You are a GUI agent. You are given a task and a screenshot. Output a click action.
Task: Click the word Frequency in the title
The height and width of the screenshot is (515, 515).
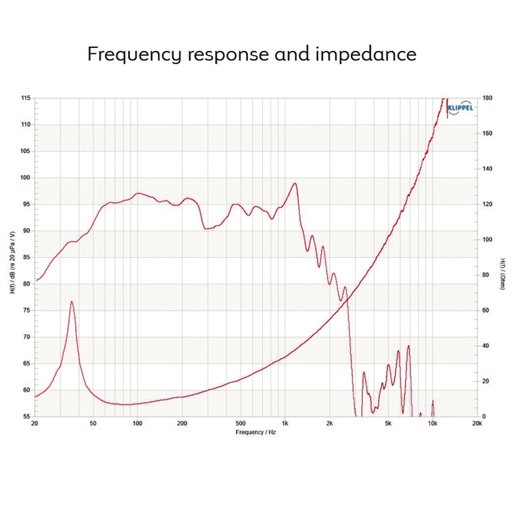135,54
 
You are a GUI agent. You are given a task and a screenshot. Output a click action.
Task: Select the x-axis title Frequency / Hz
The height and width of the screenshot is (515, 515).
256,433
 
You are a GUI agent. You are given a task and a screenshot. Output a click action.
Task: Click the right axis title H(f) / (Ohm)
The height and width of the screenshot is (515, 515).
502,273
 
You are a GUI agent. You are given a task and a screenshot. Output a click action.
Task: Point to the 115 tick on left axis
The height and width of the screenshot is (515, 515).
26,98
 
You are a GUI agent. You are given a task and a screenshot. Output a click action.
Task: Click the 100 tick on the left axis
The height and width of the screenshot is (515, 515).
26,178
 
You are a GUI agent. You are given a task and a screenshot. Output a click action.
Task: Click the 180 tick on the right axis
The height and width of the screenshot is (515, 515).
487,98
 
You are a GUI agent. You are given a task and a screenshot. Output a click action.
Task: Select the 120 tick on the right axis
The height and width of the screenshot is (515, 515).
487,204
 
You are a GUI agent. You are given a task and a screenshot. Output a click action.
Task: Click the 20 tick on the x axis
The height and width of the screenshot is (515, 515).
35,424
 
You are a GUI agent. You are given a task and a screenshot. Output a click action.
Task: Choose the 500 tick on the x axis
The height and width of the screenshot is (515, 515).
240,424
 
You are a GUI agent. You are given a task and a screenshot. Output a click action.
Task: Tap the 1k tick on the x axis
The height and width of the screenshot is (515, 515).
285,424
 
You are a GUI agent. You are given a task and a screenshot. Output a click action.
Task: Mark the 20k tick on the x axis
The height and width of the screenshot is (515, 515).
477,424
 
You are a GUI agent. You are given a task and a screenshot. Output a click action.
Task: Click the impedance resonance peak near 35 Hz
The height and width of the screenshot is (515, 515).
72,302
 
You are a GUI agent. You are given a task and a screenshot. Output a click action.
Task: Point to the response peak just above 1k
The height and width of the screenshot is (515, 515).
295,184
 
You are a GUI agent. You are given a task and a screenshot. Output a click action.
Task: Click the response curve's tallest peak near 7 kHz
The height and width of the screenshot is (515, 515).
409,346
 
